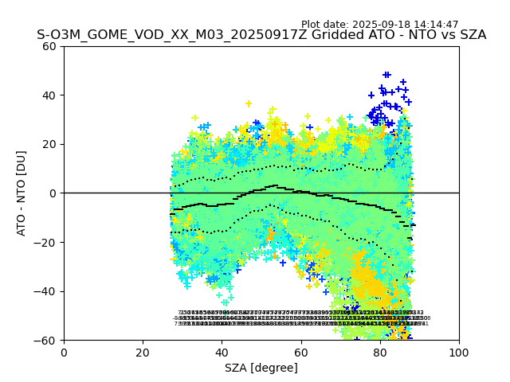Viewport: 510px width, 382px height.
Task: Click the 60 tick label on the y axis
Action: pos(50,46)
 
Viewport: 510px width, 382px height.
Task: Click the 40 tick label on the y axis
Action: pos(50,95)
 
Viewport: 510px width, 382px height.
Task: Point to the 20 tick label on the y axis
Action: pos(50,144)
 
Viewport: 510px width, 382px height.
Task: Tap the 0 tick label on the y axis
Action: pos(53,193)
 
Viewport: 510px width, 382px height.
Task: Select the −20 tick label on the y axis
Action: pos(46,243)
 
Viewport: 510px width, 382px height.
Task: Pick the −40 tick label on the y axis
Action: pos(46,291)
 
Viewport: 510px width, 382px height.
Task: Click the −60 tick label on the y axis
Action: pos(46,341)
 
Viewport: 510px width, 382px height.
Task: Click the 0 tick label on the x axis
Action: pos(64,353)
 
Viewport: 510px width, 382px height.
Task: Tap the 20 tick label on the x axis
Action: pos(143,353)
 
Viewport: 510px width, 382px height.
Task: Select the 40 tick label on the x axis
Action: pos(222,353)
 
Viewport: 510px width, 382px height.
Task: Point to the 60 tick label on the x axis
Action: pos(300,353)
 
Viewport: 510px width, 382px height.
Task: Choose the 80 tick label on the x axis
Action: pos(380,353)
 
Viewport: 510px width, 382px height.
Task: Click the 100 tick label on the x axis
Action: pos(459,353)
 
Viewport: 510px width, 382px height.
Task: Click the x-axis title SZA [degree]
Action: pos(261,368)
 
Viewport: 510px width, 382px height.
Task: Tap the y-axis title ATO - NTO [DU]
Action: pos(22,193)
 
